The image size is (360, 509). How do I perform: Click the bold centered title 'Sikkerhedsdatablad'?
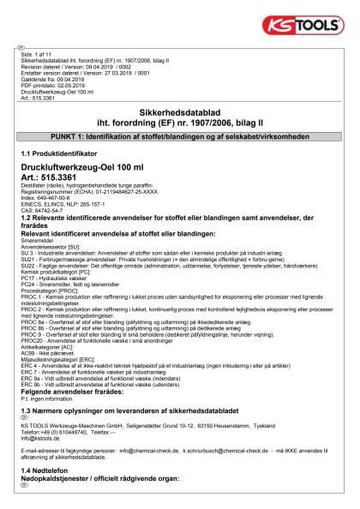pos(180,111)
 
